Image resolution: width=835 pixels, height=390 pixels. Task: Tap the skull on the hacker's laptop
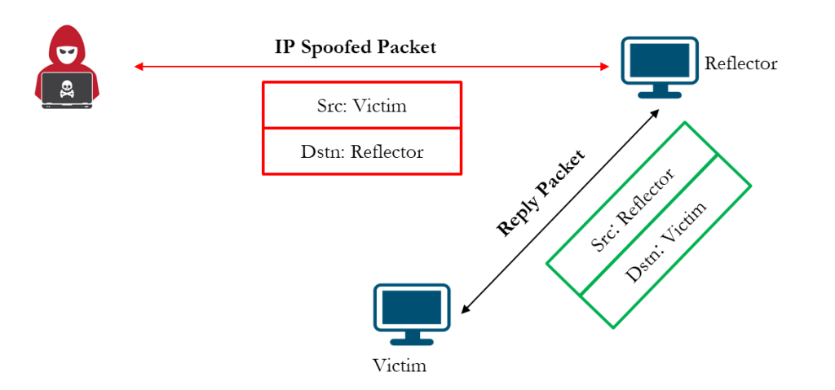67,85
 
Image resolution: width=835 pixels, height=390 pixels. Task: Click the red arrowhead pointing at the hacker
139,67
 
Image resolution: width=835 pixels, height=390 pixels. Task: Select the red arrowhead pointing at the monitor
605,67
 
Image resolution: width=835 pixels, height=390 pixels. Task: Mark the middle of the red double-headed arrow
372,67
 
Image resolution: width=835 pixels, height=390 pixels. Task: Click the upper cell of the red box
362,105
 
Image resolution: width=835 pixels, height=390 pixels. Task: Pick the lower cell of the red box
362,151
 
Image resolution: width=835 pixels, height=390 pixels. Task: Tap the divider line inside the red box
362,128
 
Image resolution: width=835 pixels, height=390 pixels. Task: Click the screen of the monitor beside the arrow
660,60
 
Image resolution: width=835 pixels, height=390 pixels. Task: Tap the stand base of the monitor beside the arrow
660,95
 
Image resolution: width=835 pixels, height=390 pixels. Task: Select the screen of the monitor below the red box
412,307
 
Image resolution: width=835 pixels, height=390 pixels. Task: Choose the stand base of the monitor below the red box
412,342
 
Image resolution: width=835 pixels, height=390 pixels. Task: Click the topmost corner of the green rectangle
685,122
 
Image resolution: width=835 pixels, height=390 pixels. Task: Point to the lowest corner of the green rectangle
613,328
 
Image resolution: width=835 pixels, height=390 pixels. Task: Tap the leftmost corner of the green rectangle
546,263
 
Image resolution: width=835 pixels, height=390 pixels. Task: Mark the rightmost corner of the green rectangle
751,186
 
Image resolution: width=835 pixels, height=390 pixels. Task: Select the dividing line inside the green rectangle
649,225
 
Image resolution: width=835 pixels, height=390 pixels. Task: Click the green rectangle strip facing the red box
632,208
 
